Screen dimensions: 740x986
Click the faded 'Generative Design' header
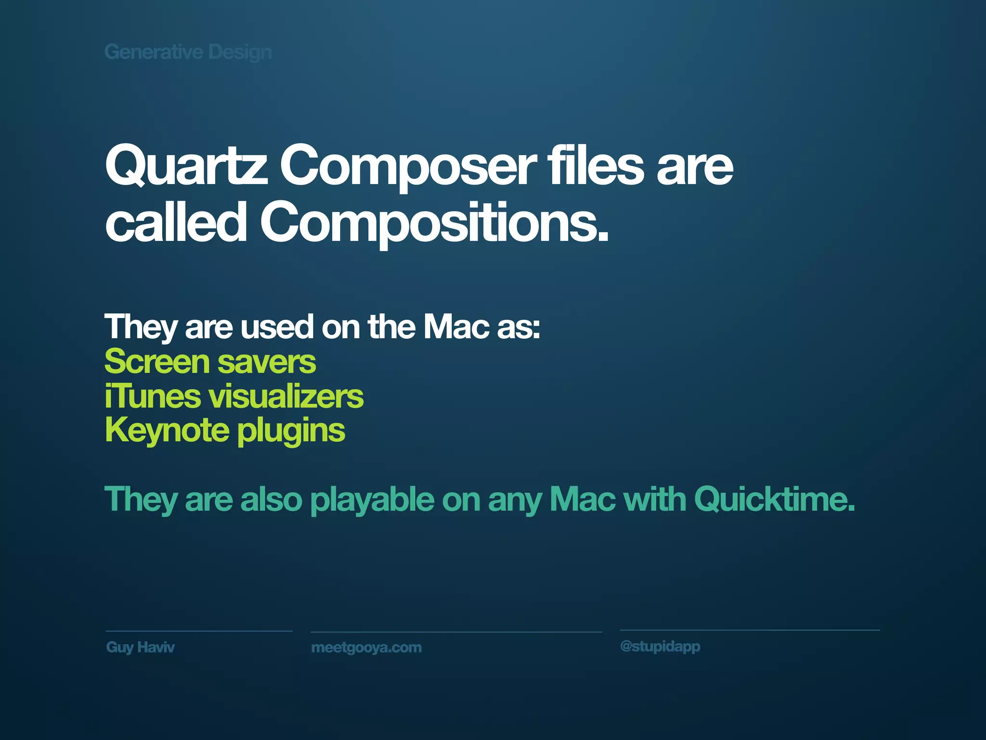click(188, 52)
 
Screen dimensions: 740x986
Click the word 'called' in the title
click(176, 223)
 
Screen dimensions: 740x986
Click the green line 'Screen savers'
click(210, 362)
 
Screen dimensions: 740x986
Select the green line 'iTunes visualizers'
click(234, 396)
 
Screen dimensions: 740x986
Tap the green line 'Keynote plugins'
click(225, 430)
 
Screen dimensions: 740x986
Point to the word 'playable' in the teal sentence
click(372, 500)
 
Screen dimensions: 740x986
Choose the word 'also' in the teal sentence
click(271, 499)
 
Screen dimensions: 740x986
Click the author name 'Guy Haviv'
click(140, 647)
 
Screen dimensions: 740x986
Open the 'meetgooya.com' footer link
click(366, 647)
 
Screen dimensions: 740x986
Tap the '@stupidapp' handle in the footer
click(660, 646)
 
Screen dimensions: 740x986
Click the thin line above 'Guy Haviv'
click(199, 631)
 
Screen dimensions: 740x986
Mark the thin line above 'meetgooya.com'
click(456, 632)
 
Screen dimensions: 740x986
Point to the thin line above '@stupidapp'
click(750, 630)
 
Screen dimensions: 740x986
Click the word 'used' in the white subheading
click(277, 327)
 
